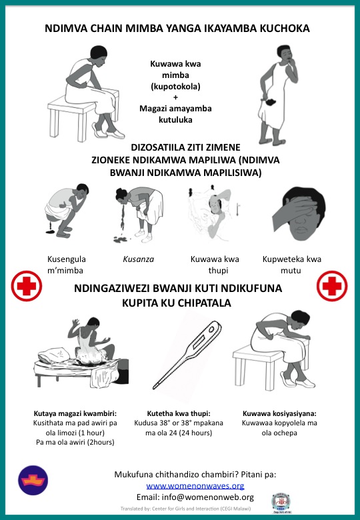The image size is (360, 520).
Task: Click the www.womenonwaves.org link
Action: click(195, 486)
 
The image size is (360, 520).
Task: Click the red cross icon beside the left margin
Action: click(27, 286)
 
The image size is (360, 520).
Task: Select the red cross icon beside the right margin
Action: click(332, 286)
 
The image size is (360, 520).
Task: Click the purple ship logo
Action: click(33, 480)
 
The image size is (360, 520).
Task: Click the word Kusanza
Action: click(138, 259)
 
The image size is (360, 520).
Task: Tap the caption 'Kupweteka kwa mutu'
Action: click(292, 265)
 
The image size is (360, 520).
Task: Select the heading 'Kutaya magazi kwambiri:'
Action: click(75, 413)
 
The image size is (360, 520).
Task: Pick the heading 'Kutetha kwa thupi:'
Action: click(179, 413)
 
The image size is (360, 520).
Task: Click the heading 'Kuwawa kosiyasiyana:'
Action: click(279, 413)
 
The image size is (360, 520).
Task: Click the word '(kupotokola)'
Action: click(175, 87)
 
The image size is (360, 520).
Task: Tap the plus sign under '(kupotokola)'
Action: click(175, 97)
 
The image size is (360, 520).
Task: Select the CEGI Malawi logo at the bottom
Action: click(281, 503)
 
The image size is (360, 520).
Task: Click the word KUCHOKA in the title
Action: click(285, 28)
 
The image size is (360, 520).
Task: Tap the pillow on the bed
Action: click(54, 355)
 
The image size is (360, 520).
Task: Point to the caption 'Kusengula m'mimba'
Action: click(66, 265)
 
